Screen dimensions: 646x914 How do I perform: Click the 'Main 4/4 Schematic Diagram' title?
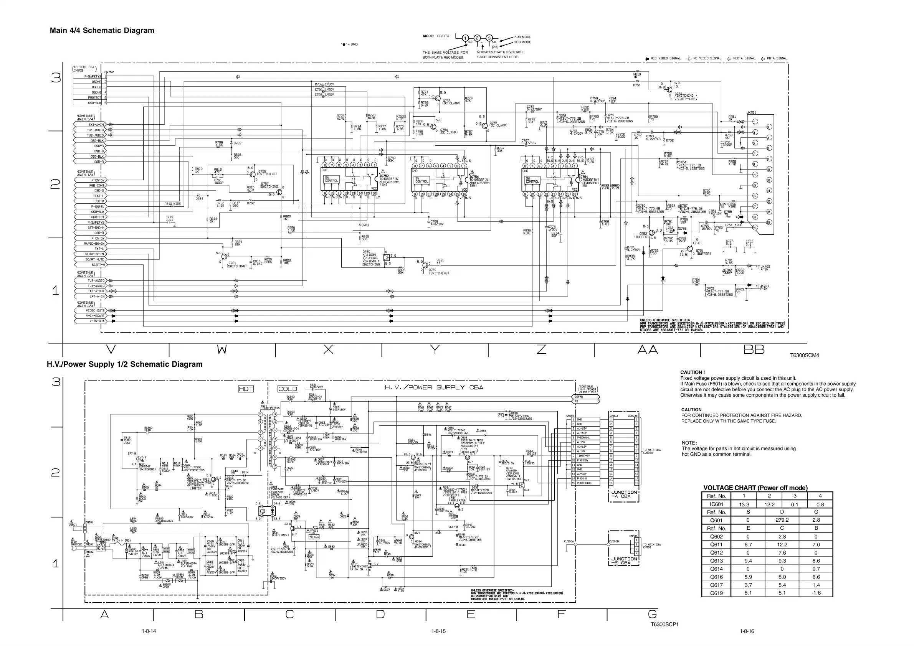102,31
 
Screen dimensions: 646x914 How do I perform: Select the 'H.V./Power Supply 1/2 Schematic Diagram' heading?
125,364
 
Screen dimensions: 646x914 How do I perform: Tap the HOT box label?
246,389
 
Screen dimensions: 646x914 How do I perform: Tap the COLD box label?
288,389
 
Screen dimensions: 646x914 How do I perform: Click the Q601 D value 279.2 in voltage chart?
782,520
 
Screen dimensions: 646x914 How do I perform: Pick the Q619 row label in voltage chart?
716,593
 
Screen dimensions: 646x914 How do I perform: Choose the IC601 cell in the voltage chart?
716,504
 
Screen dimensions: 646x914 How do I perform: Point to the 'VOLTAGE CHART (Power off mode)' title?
755,488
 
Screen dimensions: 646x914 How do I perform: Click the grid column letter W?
222,349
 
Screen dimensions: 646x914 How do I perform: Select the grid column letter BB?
754,349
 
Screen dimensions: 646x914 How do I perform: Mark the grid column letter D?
380,614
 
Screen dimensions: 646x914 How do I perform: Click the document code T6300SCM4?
805,355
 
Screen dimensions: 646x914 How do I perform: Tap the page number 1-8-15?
438,631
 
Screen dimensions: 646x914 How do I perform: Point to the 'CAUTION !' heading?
692,372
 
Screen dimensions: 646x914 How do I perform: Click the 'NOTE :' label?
689,443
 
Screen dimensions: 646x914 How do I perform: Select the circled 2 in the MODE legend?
477,39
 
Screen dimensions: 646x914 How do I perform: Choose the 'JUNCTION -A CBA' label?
624,494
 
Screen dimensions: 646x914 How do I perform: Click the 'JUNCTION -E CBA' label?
624,561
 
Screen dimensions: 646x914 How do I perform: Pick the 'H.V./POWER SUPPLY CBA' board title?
433,387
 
